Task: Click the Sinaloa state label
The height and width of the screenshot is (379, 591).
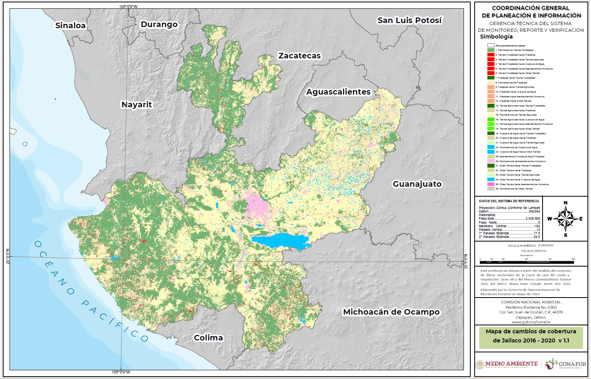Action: (70, 25)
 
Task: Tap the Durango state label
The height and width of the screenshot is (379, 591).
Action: (159, 24)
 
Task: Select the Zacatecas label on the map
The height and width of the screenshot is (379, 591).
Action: (299, 56)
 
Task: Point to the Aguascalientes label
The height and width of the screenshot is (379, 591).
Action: (338, 92)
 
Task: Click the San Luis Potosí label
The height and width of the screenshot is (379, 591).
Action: (409, 20)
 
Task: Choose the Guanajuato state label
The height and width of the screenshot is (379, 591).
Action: (417, 184)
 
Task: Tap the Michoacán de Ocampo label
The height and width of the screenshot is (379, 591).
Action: (391, 312)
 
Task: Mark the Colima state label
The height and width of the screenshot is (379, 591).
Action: (208, 338)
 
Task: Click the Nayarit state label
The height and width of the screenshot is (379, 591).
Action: (137, 104)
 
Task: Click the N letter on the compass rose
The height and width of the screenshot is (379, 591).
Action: (566, 203)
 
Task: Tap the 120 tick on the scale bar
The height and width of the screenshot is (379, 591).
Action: (573, 259)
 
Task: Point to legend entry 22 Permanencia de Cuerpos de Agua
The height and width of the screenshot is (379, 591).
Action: (516, 147)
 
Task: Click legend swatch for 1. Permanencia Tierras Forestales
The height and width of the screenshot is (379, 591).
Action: (491, 50)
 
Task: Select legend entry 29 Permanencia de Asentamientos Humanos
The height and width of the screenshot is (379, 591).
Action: (520, 161)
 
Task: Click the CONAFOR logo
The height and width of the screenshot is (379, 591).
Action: (566, 364)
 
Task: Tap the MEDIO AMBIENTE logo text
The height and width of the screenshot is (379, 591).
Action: (511, 364)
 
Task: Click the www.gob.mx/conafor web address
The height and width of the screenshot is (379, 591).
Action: (531, 322)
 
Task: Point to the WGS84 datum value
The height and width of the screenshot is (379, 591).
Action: (534, 211)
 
